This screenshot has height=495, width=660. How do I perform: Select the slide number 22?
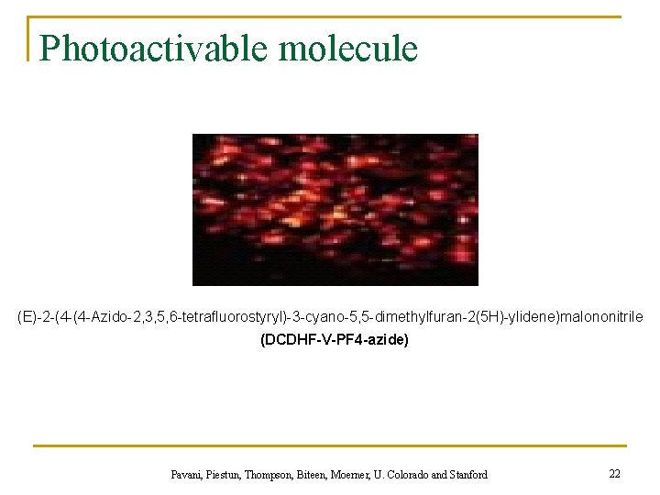(x=614, y=473)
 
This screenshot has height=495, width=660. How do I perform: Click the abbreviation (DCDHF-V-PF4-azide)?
(x=335, y=340)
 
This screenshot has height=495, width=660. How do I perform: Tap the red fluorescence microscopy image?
(x=335, y=210)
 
